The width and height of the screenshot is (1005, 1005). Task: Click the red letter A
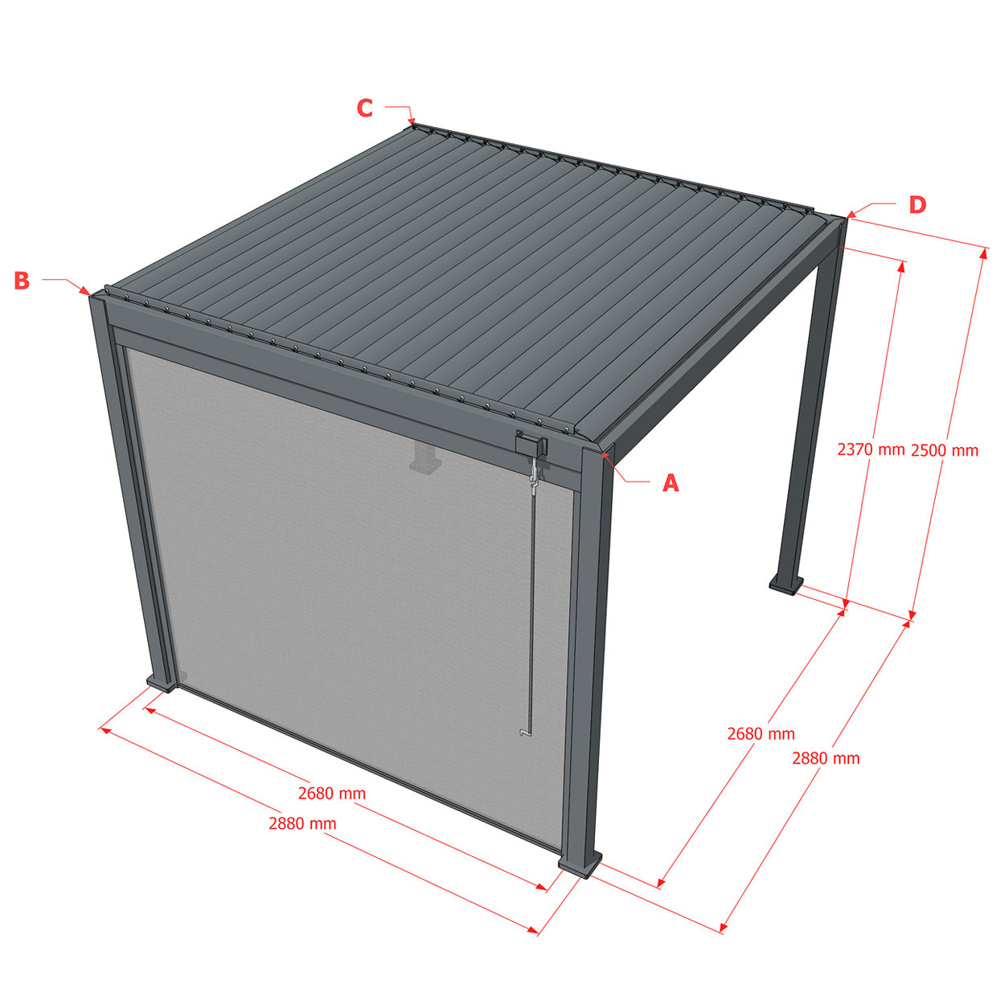pyautogui.click(x=671, y=483)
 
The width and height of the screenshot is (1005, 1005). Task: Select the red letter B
pyautogui.click(x=22, y=281)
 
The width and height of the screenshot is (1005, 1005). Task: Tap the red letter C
pyautogui.click(x=364, y=108)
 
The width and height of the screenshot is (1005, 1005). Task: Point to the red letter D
pyautogui.click(x=917, y=205)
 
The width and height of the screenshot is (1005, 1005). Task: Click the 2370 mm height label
pyautogui.click(x=871, y=449)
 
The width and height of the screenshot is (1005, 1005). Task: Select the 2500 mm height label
pyautogui.click(x=945, y=450)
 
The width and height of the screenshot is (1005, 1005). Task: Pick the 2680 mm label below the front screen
pyautogui.click(x=332, y=794)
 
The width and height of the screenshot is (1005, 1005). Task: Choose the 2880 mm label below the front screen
pyautogui.click(x=302, y=823)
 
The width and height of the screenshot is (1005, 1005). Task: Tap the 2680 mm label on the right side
pyautogui.click(x=761, y=734)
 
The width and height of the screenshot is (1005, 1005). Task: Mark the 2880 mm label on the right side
pyautogui.click(x=827, y=758)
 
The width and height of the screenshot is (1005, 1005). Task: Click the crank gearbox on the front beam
pyautogui.click(x=531, y=445)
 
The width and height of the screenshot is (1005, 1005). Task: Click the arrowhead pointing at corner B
pyautogui.click(x=85, y=291)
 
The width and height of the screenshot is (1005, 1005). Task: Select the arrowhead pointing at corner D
pyautogui.click(x=851, y=213)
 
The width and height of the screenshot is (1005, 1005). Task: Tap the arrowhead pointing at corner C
pyautogui.click(x=412, y=122)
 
